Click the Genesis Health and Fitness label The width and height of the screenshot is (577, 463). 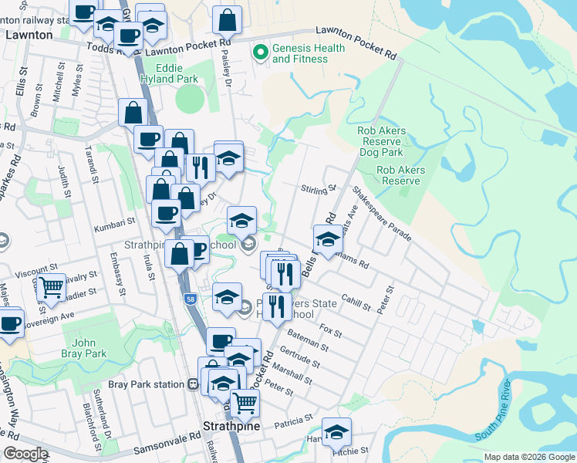(x=309, y=52)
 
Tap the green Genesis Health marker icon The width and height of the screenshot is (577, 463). (x=260, y=52)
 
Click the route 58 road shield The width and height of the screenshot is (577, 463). (x=190, y=299)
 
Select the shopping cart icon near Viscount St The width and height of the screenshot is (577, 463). (x=51, y=287)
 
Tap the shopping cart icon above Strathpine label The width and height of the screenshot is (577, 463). (x=245, y=402)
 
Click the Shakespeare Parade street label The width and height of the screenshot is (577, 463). (x=382, y=212)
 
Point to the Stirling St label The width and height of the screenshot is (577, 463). (x=319, y=188)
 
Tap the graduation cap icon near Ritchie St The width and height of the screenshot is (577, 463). (x=336, y=432)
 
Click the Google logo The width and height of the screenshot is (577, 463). (x=25, y=454)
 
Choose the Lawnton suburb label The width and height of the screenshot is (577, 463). (x=29, y=35)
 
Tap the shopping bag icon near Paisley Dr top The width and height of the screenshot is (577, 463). (x=227, y=20)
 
